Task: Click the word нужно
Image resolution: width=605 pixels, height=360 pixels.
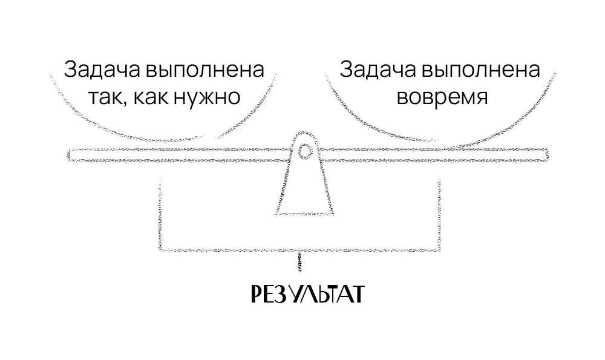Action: (x=211, y=97)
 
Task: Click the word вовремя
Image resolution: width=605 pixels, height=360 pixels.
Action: (x=442, y=97)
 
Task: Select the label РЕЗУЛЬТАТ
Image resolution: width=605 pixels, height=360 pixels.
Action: (x=307, y=294)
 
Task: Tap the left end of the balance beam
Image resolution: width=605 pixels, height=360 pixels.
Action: (x=70, y=154)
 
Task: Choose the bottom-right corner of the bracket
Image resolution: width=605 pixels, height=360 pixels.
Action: (x=437, y=249)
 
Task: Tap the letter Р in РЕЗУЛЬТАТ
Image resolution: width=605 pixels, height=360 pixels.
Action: (x=256, y=294)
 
